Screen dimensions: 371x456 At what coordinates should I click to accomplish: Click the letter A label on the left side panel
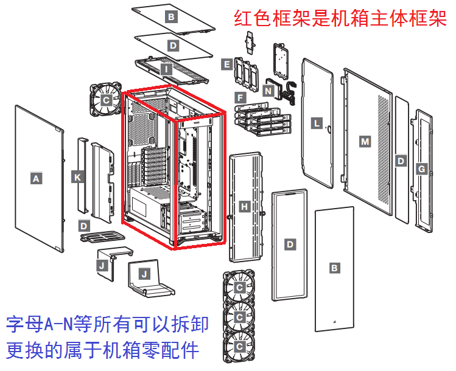click(x=36, y=179)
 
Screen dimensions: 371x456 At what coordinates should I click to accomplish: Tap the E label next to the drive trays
click(x=226, y=64)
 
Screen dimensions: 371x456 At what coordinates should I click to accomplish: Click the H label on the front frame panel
click(x=244, y=207)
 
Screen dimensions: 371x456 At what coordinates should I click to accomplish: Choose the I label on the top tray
click(x=167, y=69)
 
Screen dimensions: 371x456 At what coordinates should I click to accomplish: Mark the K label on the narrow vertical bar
click(x=77, y=177)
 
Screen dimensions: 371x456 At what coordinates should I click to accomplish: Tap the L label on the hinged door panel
click(x=316, y=123)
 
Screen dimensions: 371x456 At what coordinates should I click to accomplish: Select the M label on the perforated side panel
click(x=365, y=141)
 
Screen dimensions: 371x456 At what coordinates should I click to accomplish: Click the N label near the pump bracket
click(x=268, y=90)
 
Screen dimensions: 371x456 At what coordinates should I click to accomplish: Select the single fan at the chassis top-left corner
click(x=107, y=99)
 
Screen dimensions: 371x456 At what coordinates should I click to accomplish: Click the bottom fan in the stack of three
click(x=239, y=347)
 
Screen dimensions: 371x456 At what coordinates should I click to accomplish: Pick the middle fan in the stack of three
click(x=239, y=317)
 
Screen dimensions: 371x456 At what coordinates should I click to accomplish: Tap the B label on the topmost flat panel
click(x=171, y=17)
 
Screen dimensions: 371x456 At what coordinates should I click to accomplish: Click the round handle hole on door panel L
click(x=329, y=128)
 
